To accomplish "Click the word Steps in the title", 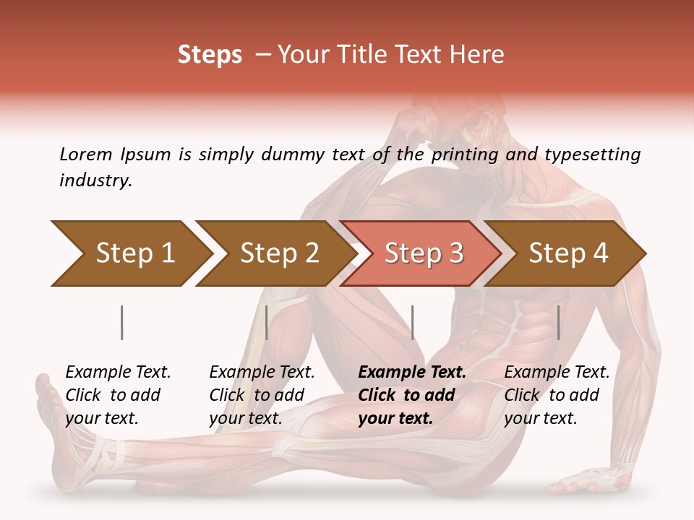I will [210, 55].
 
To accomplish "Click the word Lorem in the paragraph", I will [86, 154].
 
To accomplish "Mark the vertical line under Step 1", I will [122, 322].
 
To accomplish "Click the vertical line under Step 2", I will [267, 322].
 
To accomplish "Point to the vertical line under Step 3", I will [412, 322].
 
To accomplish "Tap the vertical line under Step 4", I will [558, 322].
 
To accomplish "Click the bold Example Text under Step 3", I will [412, 373].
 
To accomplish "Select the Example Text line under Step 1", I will [118, 373].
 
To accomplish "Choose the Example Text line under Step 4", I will [557, 373].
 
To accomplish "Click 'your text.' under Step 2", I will [245, 418].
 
